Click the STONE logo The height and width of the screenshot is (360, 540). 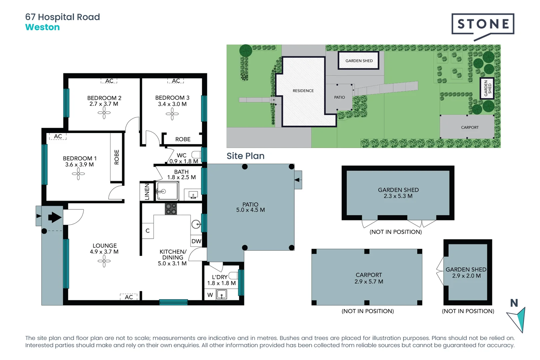[x=483, y=24]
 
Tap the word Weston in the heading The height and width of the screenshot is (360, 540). [x=42, y=27]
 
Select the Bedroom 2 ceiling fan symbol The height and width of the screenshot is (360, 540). [x=104, y=113]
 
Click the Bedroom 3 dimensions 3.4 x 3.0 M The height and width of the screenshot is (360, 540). [x=172, y=104]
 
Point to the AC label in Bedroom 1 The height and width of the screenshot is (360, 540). [x=58, y=136]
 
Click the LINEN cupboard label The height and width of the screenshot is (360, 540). [x=147, y=192]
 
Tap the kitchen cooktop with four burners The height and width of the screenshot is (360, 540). [x=171, y=209]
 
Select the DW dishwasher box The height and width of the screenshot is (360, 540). [x=196, y=241]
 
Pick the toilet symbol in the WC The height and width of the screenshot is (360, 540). [x=196, y=155]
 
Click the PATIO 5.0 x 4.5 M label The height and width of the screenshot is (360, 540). [x=250, y=207]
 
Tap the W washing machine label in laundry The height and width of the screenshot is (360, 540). [x=210, y=295]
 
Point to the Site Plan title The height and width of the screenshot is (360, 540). [x=245, y=156]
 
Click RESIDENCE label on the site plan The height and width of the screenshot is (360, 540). [x=303, y=91]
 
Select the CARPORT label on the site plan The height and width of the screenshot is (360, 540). [x=469, y=127]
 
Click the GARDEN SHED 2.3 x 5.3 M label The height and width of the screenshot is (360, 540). [x=398, y=193]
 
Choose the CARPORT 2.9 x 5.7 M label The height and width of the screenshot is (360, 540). [x=369, y=278]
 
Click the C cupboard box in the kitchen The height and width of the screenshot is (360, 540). [x=148, y=231]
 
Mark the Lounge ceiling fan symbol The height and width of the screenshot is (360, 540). [x=104, y=261]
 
